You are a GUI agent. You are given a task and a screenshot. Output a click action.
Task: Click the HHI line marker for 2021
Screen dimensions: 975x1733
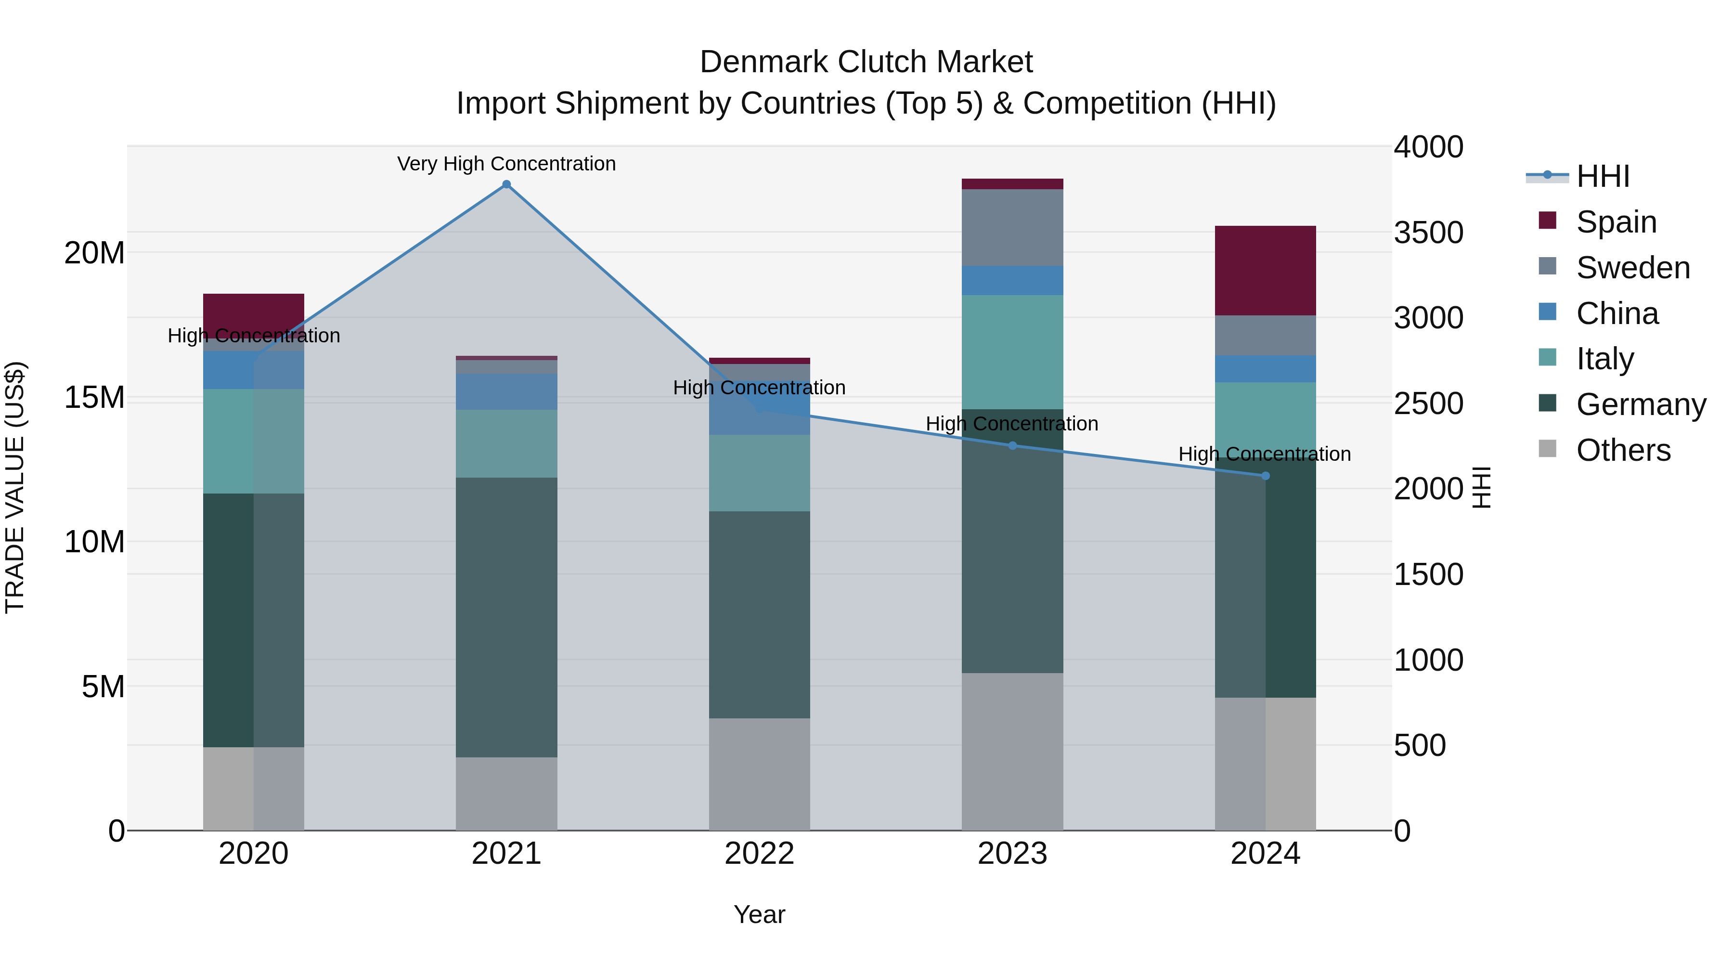506,184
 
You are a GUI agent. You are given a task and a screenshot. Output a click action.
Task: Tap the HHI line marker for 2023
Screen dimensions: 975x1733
1012,445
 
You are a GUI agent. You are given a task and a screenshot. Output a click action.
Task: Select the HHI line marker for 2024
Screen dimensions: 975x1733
1266,476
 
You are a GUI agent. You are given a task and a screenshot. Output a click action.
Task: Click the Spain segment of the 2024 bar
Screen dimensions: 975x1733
1266,271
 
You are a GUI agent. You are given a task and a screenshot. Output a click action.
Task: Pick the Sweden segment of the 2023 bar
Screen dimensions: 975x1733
1012,227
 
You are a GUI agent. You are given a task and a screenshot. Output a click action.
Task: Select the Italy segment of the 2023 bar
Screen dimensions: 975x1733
1012,352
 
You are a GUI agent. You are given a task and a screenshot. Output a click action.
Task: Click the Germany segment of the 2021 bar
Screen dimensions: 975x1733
506,617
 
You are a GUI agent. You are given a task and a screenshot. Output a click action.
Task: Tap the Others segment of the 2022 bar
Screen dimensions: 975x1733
760,774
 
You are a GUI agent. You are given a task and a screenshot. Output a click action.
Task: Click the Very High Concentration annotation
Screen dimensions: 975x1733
506,164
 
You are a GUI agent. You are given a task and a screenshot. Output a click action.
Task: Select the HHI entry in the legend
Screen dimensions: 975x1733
1603,176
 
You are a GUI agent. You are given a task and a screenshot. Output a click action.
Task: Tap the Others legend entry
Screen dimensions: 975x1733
1623,450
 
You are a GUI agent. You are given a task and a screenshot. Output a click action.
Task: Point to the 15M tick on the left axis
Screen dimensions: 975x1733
94,398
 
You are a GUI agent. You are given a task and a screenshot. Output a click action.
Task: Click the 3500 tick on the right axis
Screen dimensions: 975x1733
1428,233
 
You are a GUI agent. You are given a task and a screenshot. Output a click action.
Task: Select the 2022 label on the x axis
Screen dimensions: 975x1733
760,854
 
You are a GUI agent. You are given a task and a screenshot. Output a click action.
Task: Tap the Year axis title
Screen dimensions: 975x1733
760,914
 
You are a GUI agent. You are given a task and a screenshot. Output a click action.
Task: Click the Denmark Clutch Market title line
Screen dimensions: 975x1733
866,62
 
